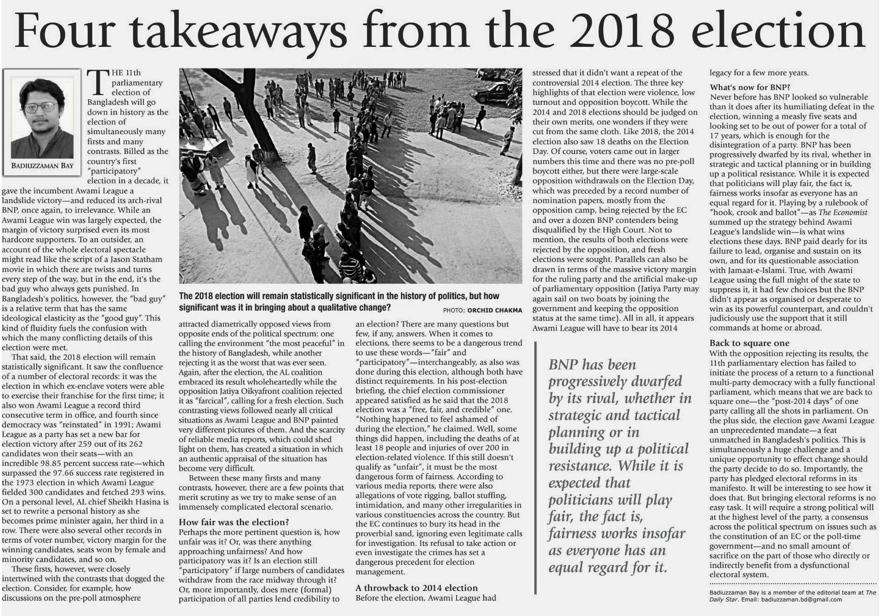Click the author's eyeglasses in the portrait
click(41, 107)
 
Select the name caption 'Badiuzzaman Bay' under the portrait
click(42, 165)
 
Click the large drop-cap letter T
click(98, 83)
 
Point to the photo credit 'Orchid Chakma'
click(495, 310)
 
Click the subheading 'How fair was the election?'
click(234, 522)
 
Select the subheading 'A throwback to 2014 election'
click(416, 588)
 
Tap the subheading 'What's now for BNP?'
click(749, 87)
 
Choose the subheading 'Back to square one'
click(749, 343)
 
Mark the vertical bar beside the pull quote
click(536, 468)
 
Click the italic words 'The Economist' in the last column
click(843, 213)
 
